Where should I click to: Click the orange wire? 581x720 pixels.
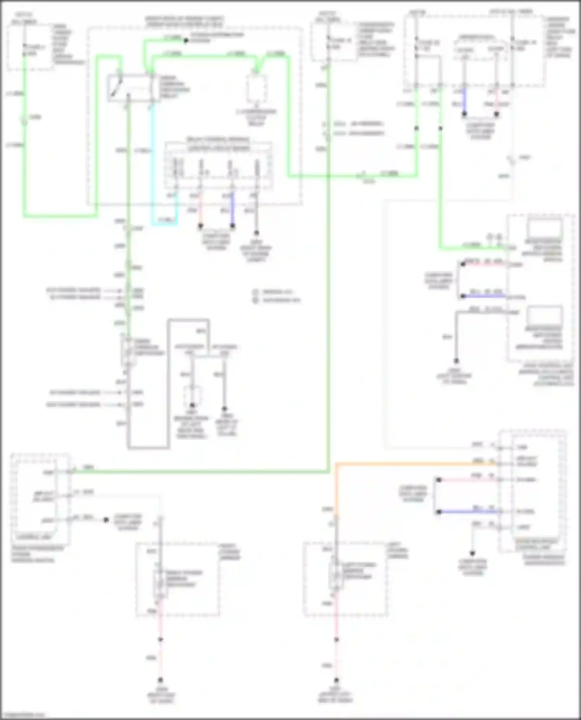pyautogui.click(x=407, y=463)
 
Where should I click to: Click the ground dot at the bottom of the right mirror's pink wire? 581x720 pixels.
pyautogui.click(x=160, y=680)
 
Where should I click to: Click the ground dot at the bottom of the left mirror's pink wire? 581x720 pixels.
pyautogui.click(x=336, y=680)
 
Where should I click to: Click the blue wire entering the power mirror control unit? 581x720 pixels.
pyautogui.click(x=469, y=511)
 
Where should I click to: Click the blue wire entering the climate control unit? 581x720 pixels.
pyautogui.click(x=484, y=296)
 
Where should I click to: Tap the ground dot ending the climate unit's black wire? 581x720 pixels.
pyautogui.click(x=456, y=361)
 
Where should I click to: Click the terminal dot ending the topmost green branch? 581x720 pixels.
pyautogui.click(x=185, y=40)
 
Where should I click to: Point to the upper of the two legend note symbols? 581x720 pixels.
pyautogui.click(x=256, y=292)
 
